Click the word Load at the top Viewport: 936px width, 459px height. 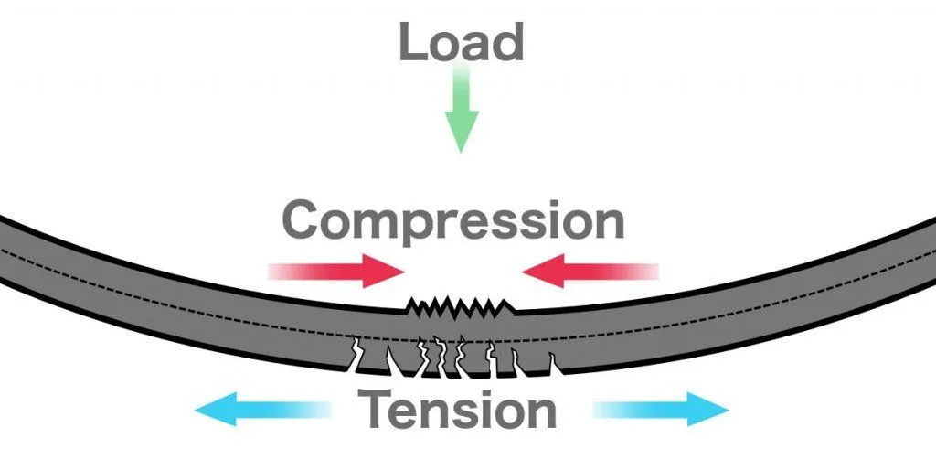[x=460, y=43]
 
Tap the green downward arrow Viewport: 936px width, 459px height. [x=462, y=115]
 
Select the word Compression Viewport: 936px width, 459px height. [x=453, y=221]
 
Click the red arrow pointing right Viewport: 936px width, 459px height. [x=336, y=271]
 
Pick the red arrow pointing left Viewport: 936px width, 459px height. [x=589, y=271]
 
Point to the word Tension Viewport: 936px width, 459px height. [x=458, y=410]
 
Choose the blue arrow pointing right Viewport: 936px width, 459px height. [x=661, y=409]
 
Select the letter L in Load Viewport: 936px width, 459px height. [x=411, y=43]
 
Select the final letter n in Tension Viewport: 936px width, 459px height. [x=537, y=413]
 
